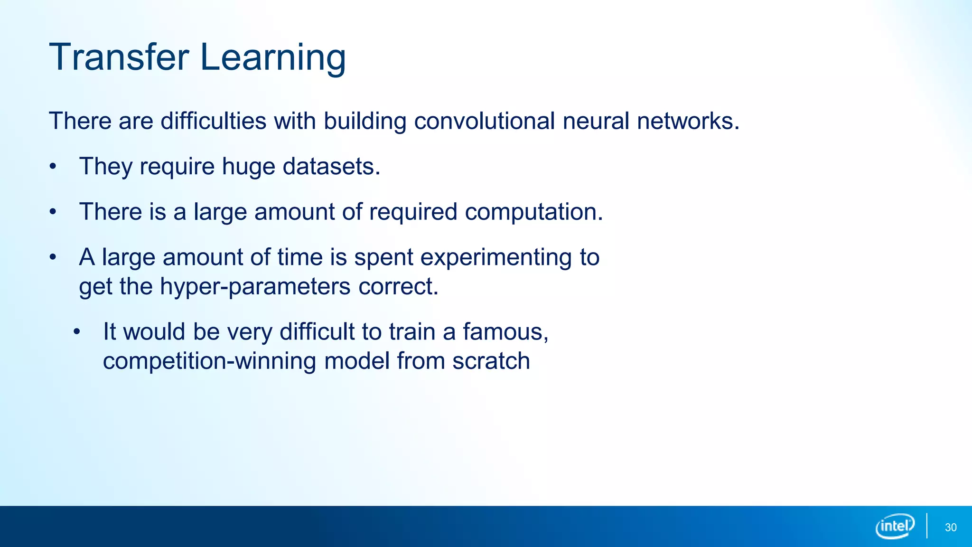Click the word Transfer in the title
click(119, 57)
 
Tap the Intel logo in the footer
click(895, 526)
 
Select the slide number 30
click(951, 528)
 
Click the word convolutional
click(484, 121)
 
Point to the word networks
click(688, 121)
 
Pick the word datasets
click(331, 167)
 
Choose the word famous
click(505, 332)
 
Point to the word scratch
click(491, 361)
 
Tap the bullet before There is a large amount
click(53, 212)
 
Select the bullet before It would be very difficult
click(77, 332)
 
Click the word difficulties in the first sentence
click(213, 121)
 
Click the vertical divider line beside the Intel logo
click(926, 526)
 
